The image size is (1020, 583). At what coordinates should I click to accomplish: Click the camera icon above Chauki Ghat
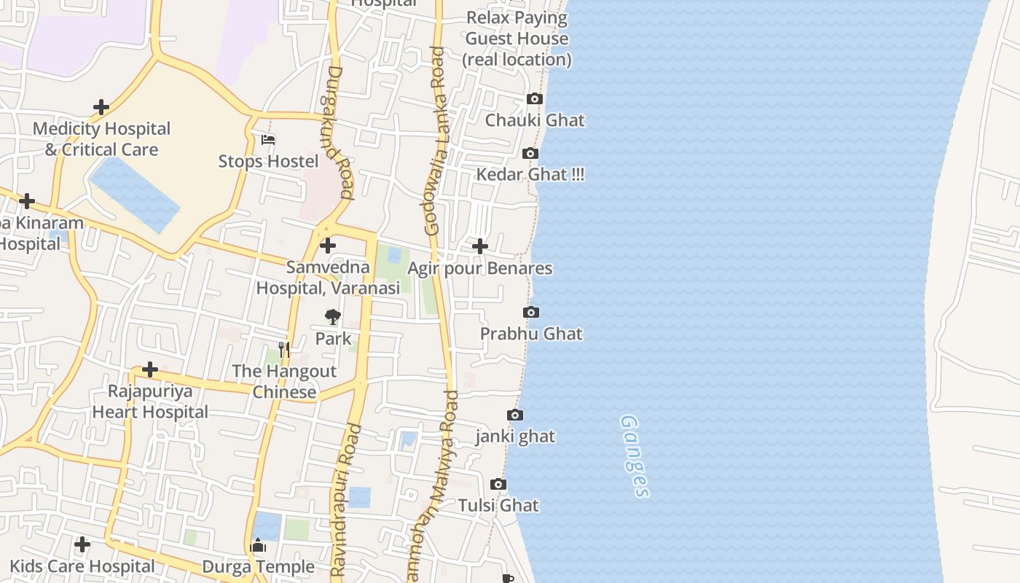[535, 99]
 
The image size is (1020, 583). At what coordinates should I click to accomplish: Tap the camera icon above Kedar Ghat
[530, 153]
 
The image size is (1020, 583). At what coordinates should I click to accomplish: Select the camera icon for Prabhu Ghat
[531, 313]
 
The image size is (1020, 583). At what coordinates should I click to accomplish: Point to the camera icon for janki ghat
[515, 415]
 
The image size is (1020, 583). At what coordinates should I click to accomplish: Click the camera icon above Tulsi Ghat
[498, 485]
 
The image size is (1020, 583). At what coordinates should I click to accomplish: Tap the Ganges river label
[634, 456]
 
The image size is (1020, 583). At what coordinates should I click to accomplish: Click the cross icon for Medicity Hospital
[101, 108]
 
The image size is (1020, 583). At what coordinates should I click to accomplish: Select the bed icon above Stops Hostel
[268, 140]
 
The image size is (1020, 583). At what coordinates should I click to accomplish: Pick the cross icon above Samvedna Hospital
[328, 246]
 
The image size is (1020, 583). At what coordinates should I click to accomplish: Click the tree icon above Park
[333, 317]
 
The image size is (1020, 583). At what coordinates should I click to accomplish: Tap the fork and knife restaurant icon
[284, 350]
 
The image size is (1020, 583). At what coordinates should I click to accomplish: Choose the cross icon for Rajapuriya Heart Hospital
[150, 369]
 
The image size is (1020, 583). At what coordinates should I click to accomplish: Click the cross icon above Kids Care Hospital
[82, 544]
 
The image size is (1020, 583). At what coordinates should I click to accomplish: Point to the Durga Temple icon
[258, 545]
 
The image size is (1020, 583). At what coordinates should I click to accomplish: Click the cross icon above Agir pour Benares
[479, 246]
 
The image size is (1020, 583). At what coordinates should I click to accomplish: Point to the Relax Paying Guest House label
[517, 39]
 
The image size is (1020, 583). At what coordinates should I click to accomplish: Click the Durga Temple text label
[259, 567]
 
